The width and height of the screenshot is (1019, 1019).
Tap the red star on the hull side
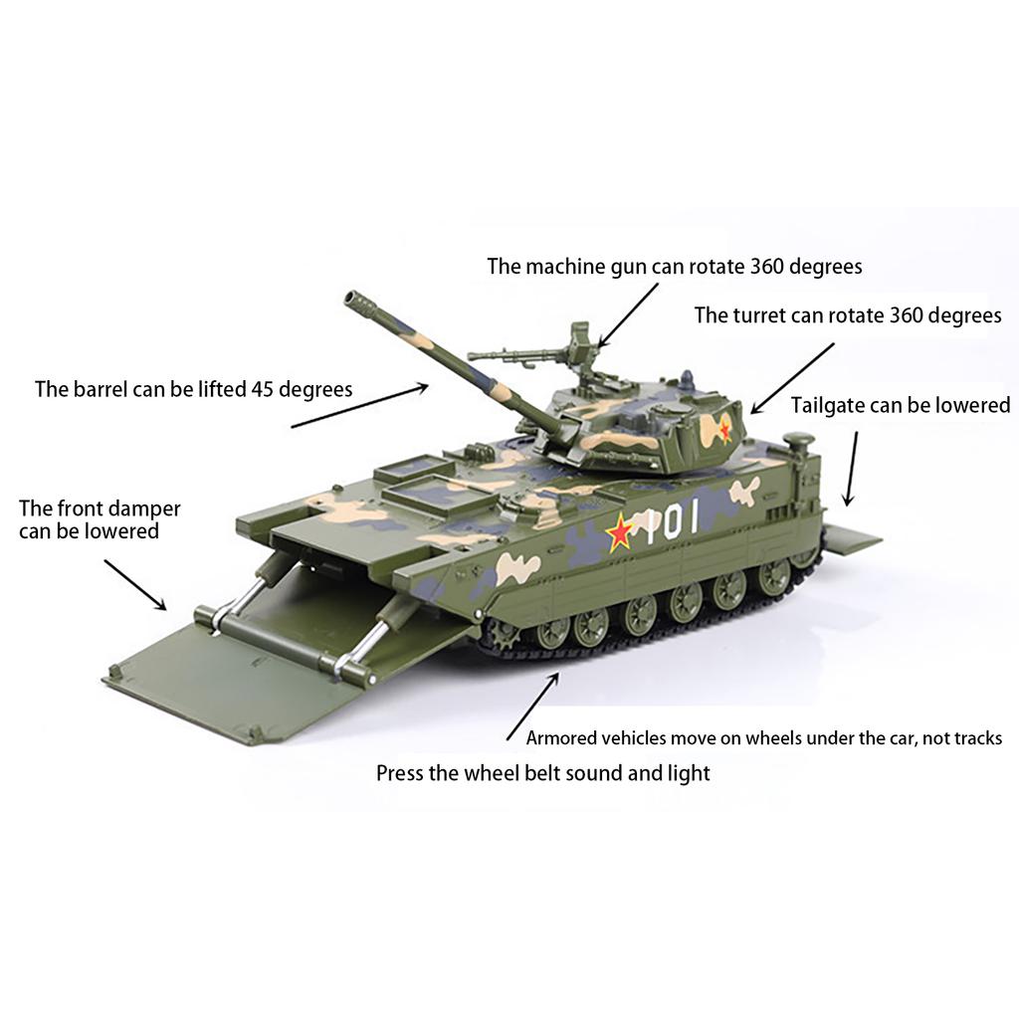point(620,533)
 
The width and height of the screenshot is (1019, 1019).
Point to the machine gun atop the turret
point(537,349)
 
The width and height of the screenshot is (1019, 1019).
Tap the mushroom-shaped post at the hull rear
point(798,439)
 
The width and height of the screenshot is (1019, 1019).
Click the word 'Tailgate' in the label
point(827,405)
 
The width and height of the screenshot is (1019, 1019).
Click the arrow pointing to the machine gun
point(629,313)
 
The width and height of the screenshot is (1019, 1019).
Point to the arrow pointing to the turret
point(792,378)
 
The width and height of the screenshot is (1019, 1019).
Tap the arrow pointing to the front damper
point(134,583)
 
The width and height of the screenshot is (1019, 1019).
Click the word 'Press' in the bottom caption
point(400,773)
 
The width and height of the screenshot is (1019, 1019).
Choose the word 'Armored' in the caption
point(561,738)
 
